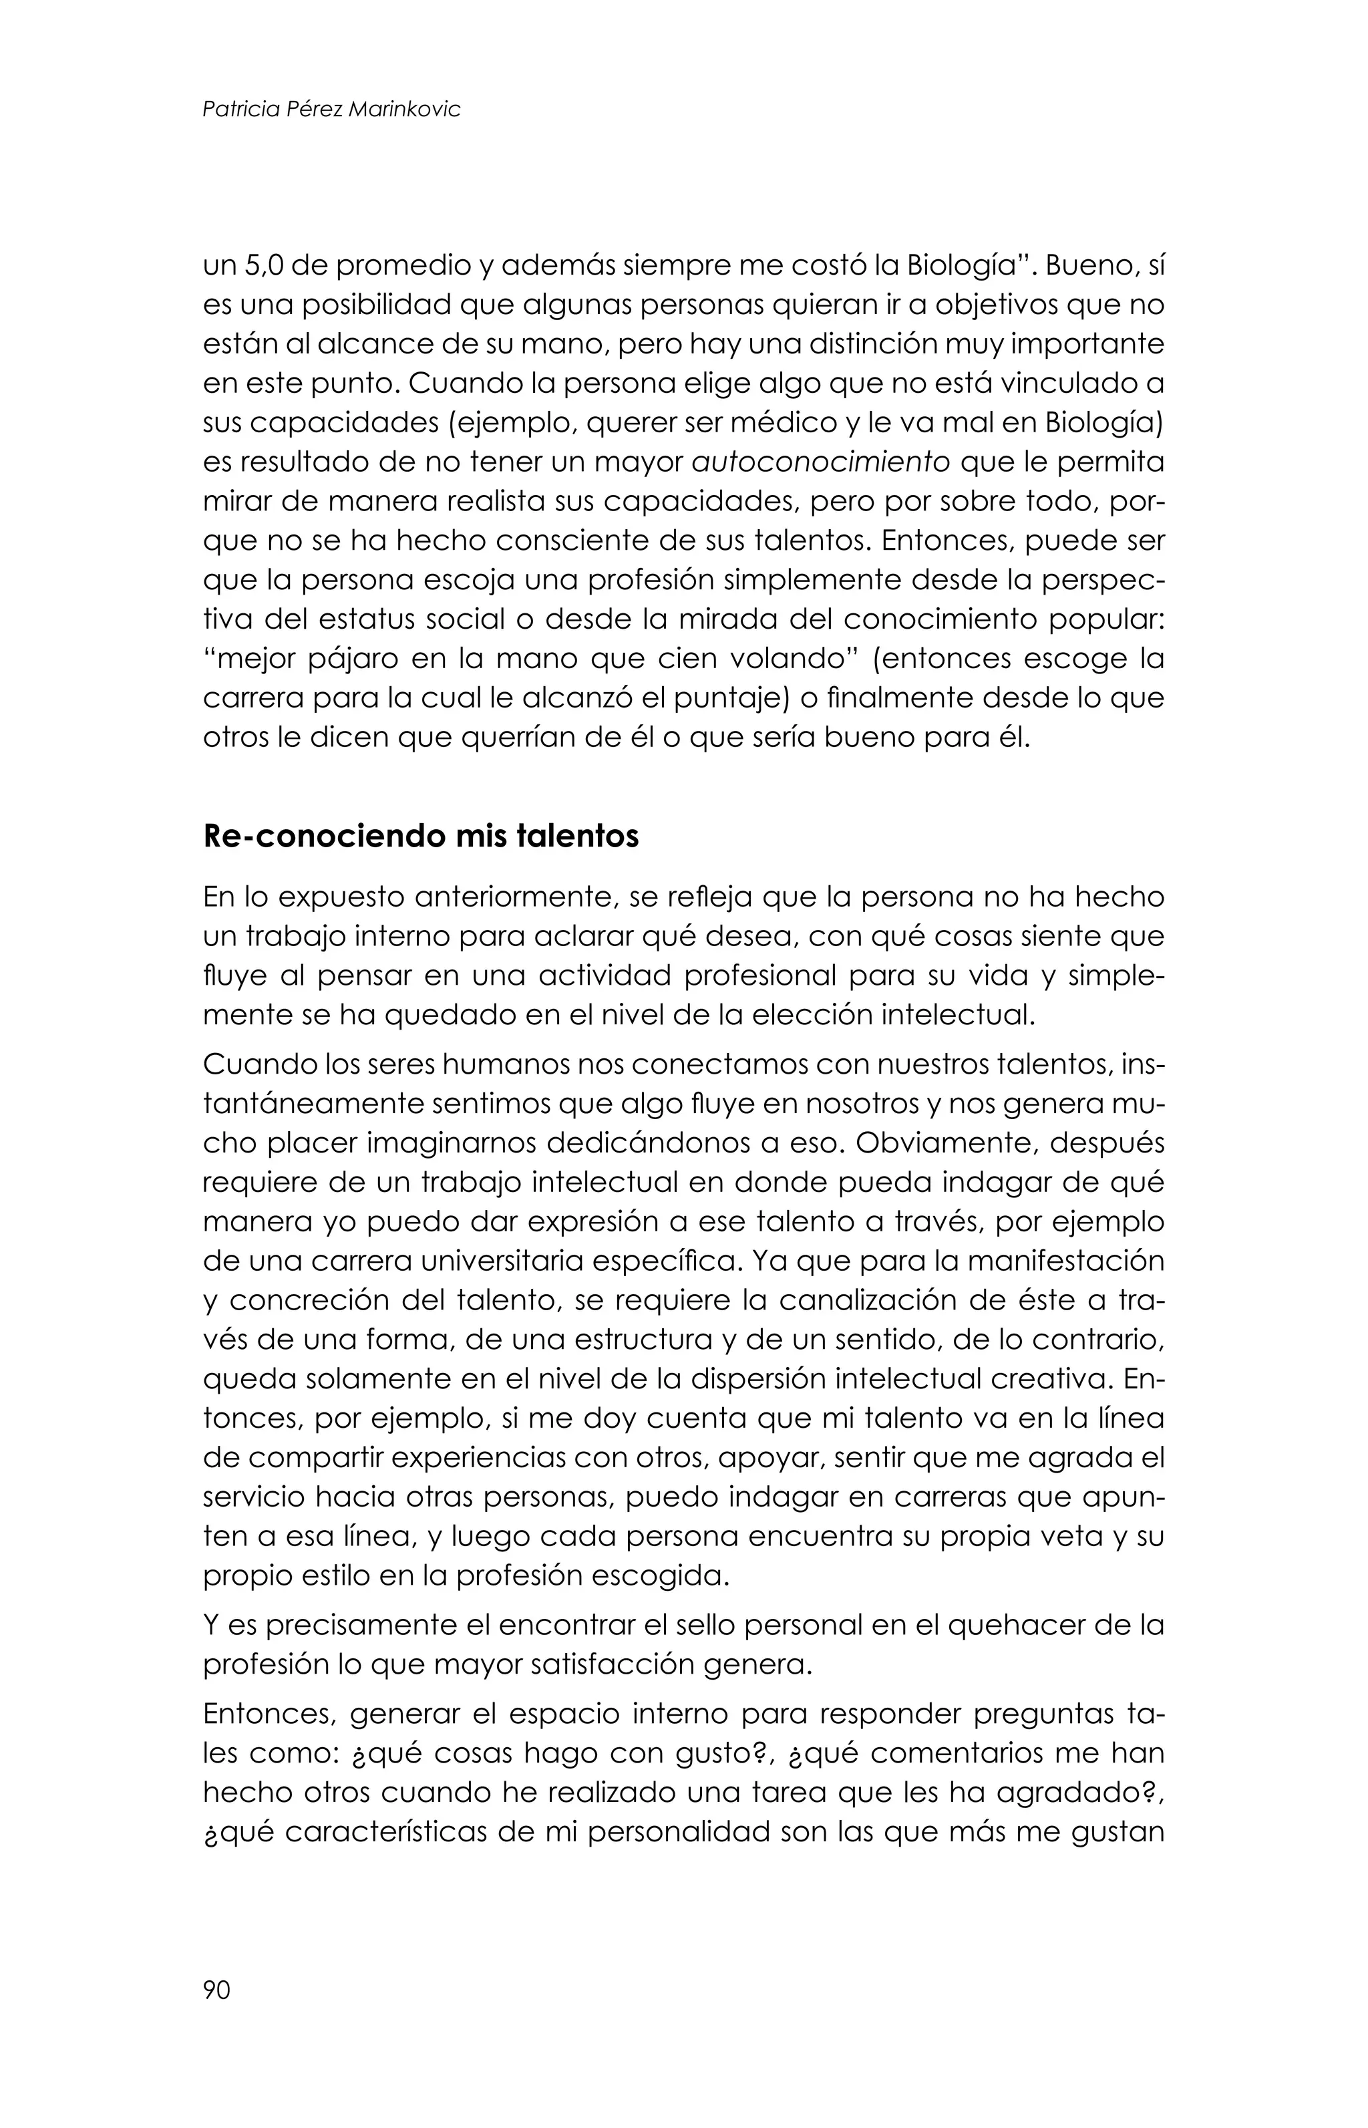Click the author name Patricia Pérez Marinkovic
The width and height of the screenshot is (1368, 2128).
pyautogui.click(x=331, y=110)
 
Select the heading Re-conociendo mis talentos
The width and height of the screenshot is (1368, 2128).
pyautogui.click(x=421, y=837)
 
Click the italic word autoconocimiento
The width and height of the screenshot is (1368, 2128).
pyautogui.click(x=820, y=463)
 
